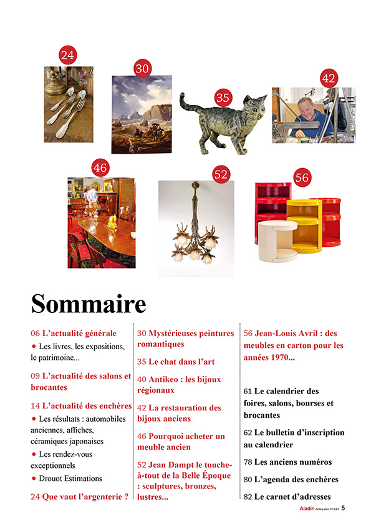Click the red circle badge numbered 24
pyautogui.click(x=67, y=55)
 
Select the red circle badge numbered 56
pyautogui.click(x=302, y=177)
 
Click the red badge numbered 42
pyautogui.click(x=328, y=79)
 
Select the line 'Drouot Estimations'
pyautogui.click(x=70, y=479)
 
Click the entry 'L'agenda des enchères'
pyautogui.click(x=291, y=480)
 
